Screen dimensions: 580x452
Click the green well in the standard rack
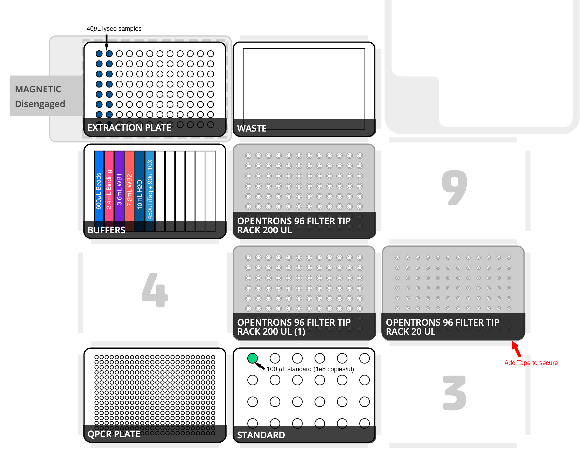pos(252,358)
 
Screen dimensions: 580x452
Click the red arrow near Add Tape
pos(516,349)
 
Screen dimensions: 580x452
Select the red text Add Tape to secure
pos(531,363)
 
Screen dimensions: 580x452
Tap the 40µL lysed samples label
pos(114,29)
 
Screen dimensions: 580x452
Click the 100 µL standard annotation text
pos(310,369)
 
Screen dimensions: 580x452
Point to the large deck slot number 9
pos(455,188)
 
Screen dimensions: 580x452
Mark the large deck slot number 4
pos(155,290)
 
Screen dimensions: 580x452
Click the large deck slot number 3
pos(455,393)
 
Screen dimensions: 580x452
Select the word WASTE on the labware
pos(252,128)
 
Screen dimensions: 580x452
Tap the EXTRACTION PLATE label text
pos(129,128)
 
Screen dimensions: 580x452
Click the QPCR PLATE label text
pos(114,434)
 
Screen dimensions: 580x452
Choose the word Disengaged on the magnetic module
pos(40,104)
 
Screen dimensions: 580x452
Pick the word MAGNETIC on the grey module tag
pos(38,89)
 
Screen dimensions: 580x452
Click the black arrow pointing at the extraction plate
pos(107,42)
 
